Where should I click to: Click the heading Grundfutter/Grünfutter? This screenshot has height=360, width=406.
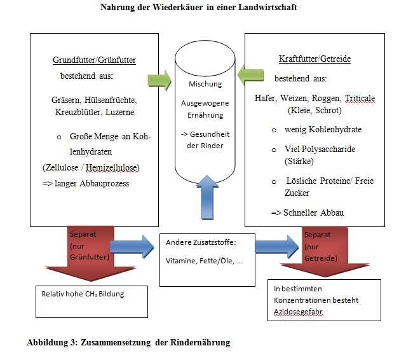point(94,60)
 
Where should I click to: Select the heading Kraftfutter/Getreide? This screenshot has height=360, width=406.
point(315,59)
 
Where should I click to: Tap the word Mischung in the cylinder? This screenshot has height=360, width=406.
point(205,84)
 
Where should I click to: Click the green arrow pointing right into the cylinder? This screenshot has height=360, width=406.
point(159,80)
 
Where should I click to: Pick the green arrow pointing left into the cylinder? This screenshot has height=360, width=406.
point(250,76)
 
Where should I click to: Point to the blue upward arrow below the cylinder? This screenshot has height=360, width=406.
point(207,198)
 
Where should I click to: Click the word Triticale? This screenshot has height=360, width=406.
point(360,99)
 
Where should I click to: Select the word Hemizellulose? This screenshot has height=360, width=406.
point(111,168)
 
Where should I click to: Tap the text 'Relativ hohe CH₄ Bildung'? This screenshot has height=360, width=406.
point(83,294)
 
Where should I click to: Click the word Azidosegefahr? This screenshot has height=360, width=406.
point(298,312)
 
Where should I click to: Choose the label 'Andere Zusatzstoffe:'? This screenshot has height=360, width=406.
point(201,242)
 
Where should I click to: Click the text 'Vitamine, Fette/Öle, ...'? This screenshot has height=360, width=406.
point(204,261)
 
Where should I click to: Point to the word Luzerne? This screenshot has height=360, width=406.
point(120,112)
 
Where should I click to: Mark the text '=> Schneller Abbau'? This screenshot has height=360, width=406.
point(308,213)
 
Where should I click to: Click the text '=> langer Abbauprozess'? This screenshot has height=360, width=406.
point(86,184)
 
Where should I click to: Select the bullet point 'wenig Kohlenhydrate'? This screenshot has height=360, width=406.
point(323,129)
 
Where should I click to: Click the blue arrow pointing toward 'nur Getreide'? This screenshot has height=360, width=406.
point(277,247)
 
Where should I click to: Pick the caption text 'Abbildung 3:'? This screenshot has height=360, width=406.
point(52,342)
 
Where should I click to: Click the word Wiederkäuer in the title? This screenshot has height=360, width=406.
point(177,7)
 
